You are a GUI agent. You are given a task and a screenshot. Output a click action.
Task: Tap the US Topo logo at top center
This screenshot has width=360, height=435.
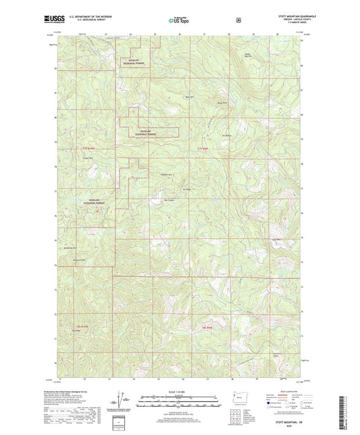(180, 20)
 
